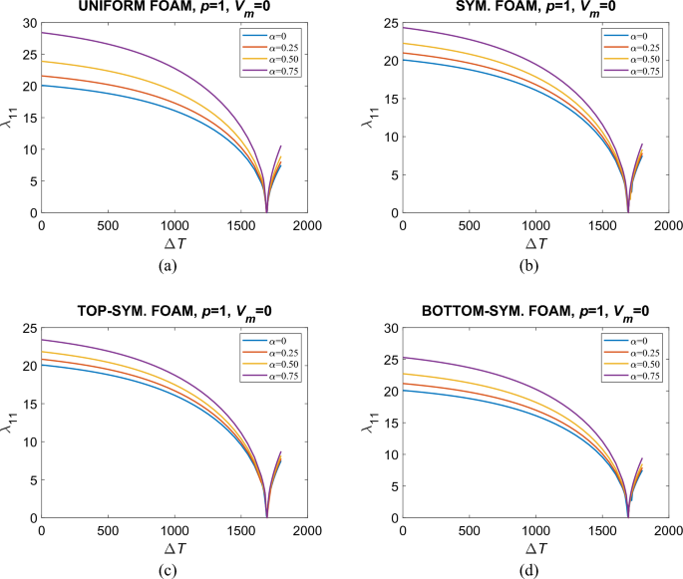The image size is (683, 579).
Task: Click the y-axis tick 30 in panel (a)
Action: (28, 23)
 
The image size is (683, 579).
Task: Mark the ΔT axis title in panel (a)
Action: (174, 244)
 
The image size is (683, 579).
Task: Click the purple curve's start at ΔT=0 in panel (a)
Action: (42, 33)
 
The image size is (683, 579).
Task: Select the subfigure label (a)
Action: (174, 265)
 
